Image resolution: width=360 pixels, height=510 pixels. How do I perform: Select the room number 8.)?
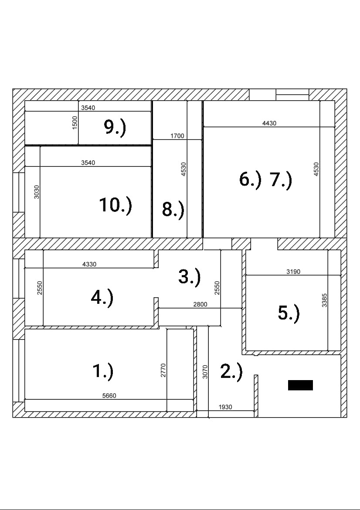(x=173, y=210)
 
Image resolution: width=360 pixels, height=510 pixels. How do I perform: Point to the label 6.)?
(x=250, y=179)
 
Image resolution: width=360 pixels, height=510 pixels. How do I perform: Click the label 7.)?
(x=281, y=180)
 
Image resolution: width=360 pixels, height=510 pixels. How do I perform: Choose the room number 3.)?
(x=189, y=277)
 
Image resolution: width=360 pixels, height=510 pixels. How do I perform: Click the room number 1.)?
(x=103, y=371)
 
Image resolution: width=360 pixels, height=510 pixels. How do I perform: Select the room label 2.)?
(x=231, y=371)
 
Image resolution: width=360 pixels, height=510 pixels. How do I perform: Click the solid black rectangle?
(x=300, y=385)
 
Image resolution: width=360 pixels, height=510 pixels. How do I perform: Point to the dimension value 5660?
(x=109, y=396)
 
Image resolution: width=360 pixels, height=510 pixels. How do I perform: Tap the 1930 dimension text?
(x=225, y=407)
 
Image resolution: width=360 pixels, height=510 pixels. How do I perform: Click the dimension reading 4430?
(x=269, y=123)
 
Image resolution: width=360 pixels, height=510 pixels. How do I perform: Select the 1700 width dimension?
(x=177, y=136)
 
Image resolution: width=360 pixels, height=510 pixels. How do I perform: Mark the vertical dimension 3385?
(x=324, y=300)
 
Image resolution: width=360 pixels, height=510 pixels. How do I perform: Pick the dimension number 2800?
(x=200, y=305)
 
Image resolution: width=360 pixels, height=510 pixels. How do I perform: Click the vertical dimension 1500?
(x=75, y=122)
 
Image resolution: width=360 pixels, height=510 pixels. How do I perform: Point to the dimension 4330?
(x=89, y=264)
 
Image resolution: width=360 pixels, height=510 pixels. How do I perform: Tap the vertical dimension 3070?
(x=205, y=371)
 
